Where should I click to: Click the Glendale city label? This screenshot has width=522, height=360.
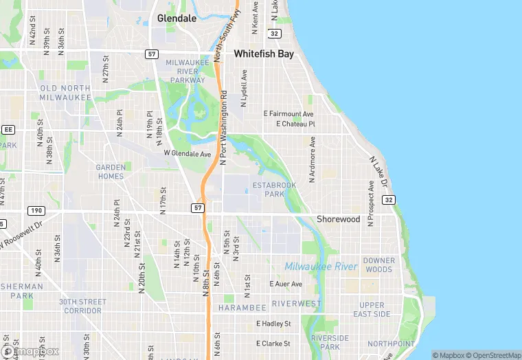(x=177, y=19)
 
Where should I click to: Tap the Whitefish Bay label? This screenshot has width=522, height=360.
(x=264, y=53)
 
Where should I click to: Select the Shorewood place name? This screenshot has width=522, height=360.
(x=338, y=219)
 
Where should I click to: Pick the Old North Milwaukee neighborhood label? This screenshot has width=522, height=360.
(x=65, y=93)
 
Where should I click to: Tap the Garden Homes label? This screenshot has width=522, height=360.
(x=110, y=172)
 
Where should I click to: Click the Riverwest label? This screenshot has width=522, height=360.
(x=296, y=303)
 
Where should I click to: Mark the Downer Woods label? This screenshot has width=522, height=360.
(x=379, y=265)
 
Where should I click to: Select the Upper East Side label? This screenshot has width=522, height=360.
(x=372, y=309)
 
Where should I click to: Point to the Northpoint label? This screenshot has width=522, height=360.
(x=391, y=344)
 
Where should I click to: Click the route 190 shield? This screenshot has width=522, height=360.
(x=36, y=210)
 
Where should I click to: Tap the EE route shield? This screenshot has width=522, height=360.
(x=8, y=128)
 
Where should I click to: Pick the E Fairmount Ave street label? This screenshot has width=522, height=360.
(x=288, y=113)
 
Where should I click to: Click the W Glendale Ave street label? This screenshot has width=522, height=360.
(x=188, y=154)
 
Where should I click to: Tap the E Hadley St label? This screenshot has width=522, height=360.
(x=273, y=323)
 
